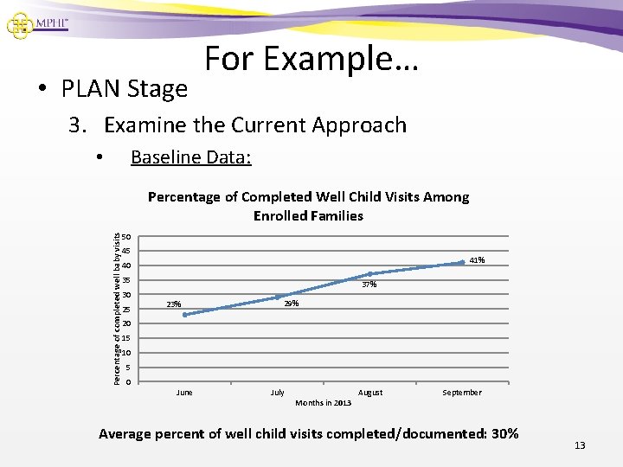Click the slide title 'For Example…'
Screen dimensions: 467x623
point(311,59)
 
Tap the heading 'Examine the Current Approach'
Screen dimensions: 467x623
point(254,125)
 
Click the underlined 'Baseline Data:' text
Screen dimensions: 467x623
point(190,157)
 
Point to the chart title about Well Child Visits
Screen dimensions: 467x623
point(308,206)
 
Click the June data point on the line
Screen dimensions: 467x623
point(185,315)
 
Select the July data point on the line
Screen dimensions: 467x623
point(278,297)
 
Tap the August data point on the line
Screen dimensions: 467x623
point(369,274)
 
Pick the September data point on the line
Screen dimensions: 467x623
point(462,262)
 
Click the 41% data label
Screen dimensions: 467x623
point(477,260)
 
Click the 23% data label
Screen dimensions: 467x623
point(174,304)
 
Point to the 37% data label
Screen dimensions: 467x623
point(369,285)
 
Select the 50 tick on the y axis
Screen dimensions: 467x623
point(126,237)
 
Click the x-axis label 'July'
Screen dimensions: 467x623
point(277,393)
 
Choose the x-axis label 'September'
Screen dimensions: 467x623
point(462,393)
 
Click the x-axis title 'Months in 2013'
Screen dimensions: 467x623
point(323,403)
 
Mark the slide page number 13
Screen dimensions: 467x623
point(580,445)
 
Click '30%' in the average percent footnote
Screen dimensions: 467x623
point(504,433)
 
